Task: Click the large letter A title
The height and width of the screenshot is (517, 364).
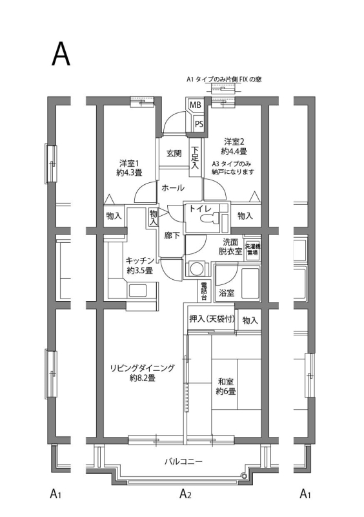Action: pos(61,56)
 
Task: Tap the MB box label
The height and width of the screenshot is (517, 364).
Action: pos(195,105)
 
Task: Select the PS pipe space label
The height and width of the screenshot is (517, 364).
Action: pos(199,123)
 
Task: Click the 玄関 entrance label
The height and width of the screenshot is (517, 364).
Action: pos(174,153)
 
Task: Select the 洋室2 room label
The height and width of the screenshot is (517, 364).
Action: pos(234,146)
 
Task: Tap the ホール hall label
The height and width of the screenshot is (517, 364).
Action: pos(172,188)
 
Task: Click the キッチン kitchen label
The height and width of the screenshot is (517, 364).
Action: pos(139,265)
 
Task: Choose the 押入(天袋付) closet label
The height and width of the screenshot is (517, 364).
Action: pos(211,320)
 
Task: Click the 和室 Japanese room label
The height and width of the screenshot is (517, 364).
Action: pos(226,386)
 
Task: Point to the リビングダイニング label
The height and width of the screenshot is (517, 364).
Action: pos(142,373)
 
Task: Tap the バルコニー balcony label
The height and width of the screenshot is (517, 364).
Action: pos(183,462)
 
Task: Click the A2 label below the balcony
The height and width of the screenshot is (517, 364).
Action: pos(185,495)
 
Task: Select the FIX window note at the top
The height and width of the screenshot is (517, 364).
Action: pos(223,79)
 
